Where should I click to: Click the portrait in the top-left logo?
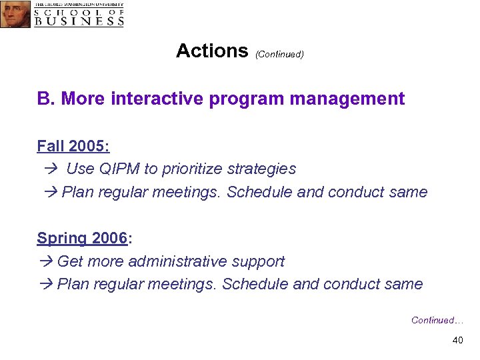tap(15, 14)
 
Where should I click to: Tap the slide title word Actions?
tap(211, 51)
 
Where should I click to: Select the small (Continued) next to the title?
tap(279, 54)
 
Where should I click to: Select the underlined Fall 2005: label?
tap(73, 146)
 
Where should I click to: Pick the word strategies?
tap(263, 169)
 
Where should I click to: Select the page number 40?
tap(457, 341)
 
